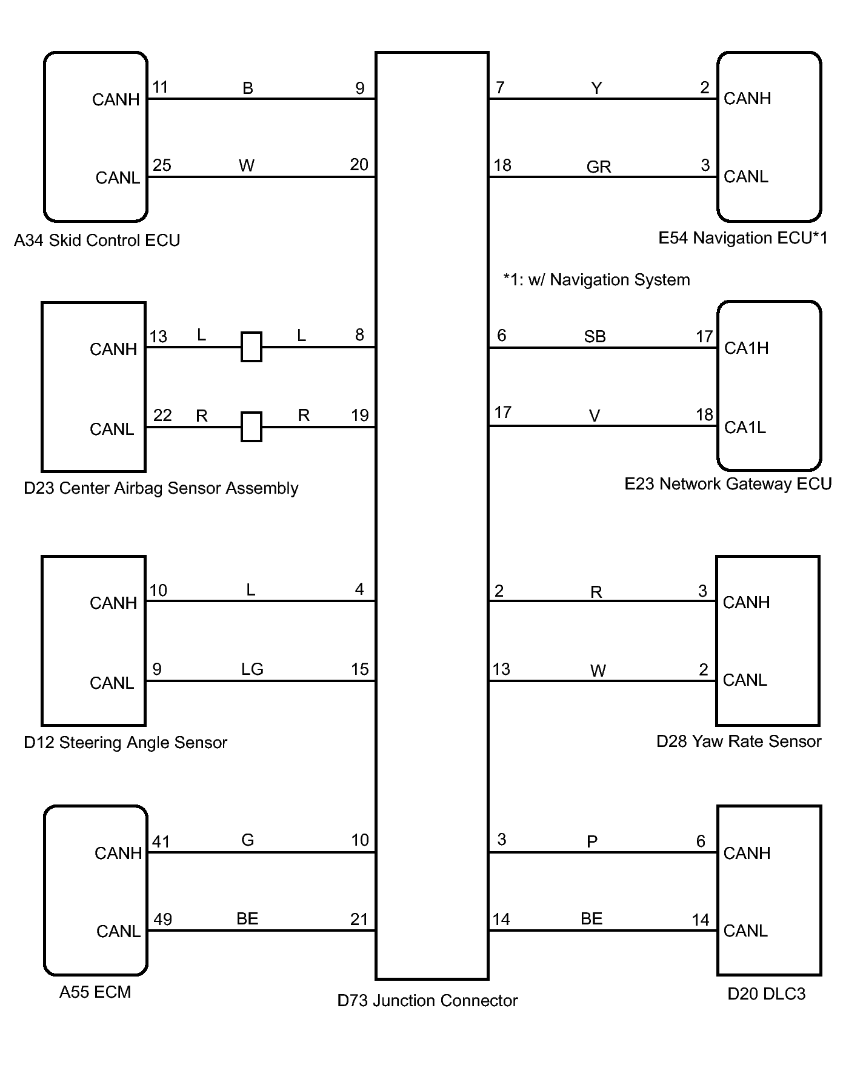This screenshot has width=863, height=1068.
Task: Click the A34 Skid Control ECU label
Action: [97, 240]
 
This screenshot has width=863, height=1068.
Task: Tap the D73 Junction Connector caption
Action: [427, 1000]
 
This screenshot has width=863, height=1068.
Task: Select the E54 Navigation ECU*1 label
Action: [742, 238]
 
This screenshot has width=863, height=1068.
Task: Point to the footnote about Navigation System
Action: [596, 280]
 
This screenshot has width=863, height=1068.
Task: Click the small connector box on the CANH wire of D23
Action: [251, 347]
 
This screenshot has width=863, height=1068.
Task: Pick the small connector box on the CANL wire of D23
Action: [251, 427]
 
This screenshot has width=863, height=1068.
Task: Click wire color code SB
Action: [595, 337]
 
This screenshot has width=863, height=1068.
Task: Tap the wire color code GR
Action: [598, 167]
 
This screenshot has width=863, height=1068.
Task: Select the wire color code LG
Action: [252, 669]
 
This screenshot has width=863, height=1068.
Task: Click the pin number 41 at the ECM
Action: [161, 841]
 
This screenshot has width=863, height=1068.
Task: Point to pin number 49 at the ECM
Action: [162, 919]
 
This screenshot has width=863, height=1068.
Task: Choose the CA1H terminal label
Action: [746, 348]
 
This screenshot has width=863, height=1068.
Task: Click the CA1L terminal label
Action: [745, 428]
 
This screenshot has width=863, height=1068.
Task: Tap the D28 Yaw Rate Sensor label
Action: [739, 741]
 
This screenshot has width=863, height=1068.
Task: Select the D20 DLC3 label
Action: [766, 994]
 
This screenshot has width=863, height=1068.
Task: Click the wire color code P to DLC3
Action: [592, 841]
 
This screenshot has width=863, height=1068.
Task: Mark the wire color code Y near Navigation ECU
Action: [596, 88]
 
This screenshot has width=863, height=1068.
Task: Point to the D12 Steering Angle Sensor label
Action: [125, 743]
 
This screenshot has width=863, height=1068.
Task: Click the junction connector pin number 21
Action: [359, 920]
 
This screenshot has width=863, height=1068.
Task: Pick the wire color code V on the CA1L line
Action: [595, 416]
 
